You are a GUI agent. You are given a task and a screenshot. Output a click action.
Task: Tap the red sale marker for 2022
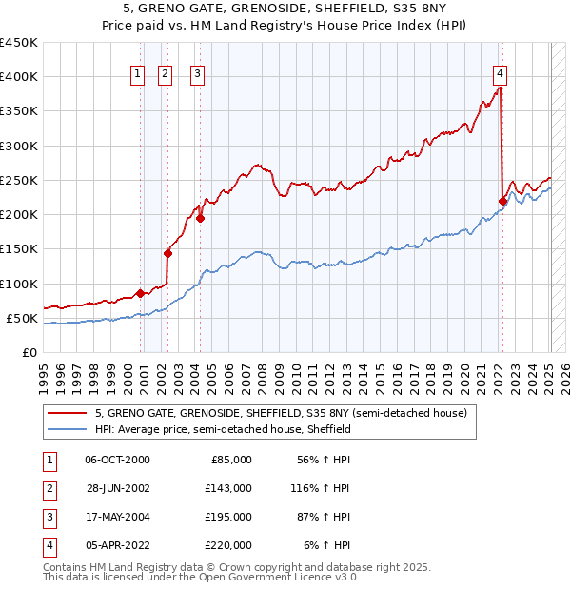coord(502,200)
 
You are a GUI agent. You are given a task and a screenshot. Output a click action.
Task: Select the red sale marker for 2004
coord(201,218)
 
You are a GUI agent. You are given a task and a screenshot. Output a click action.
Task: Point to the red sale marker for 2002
coord(168,253)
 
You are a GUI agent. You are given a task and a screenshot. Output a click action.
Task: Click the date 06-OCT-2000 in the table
coord(117,460)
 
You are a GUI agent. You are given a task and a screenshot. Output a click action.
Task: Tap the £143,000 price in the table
coord(228,488)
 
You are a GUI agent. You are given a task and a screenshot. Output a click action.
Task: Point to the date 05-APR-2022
coord(117,545)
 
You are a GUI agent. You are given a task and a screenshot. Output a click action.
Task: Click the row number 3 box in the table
coord(48,517)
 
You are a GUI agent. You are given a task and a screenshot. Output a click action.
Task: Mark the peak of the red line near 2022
coord(500,88)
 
